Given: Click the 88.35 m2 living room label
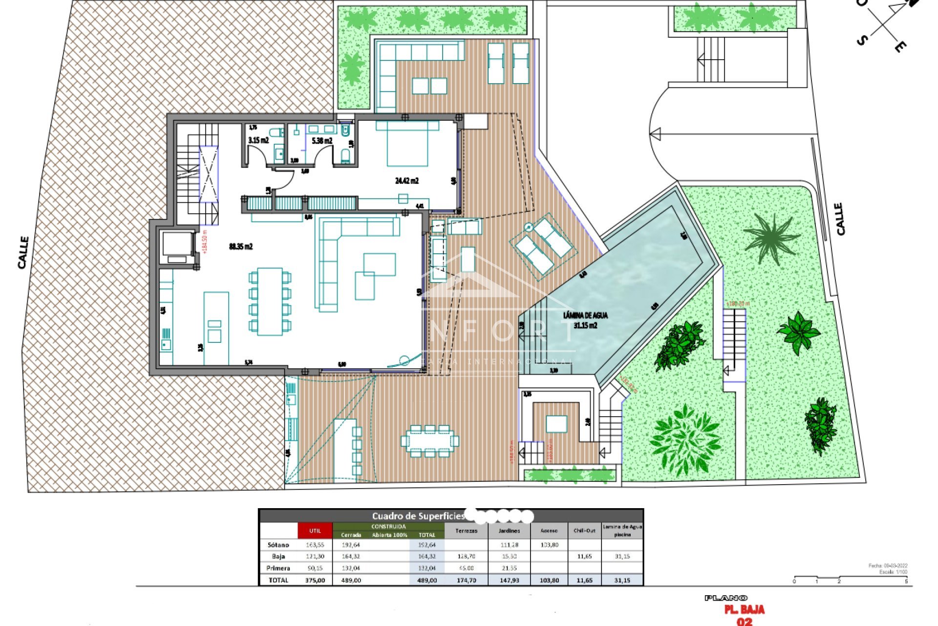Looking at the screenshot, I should pyautogui.click(x=241, y=246).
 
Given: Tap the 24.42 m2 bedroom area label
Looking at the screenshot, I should pyautogui.click(x=406, y=180).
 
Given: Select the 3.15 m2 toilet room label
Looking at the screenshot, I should pyautogui.click(x=258, y=140).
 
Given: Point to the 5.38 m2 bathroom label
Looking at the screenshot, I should pyautogui.click(x=321, y=141).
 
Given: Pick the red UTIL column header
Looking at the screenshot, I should pyautogui.click(x=315, y=531).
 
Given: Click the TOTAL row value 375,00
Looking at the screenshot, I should pyautogui.click(x=315, y=580).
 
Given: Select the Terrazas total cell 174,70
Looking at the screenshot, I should pyautogui.click(x=466, y=580).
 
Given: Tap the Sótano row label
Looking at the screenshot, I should pyautogui.click(x=278, y=545).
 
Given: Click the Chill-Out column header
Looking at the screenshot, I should pyautogui.click(x=584, y=531).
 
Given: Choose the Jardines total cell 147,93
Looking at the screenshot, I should pyautogui.click(x=509, y=580).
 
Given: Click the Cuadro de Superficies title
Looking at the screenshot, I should pyautogui.click(x=418, y=516).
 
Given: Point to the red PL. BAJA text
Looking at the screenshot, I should pyautogui.click(x=744, y=610).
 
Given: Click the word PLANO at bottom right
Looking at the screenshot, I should pyautogui.click(x=726, y=598).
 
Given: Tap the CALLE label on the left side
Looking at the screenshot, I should pyautogui.click(x=23, y=252).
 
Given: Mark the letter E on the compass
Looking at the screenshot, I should pyautogui.click(x=900, y=47).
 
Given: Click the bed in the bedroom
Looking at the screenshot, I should pyautogui.click(x=407, y=143).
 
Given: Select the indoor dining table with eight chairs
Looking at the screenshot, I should pyautogui.click(x=270, y=301).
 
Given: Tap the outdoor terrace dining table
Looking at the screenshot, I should pyautogui.click(x=429, y=441).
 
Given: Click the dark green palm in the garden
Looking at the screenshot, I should pyautogui.click(x=770, y=237).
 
